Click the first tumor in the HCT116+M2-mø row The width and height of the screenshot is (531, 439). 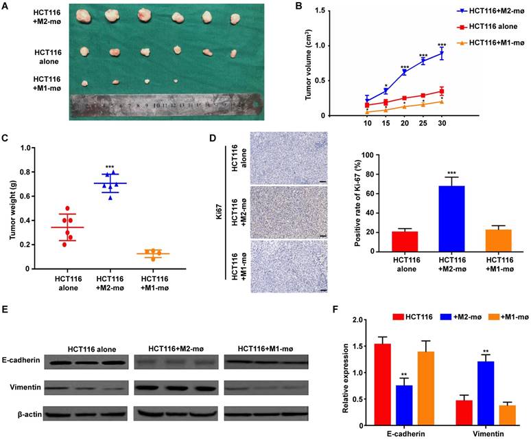[x=84, y=15]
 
